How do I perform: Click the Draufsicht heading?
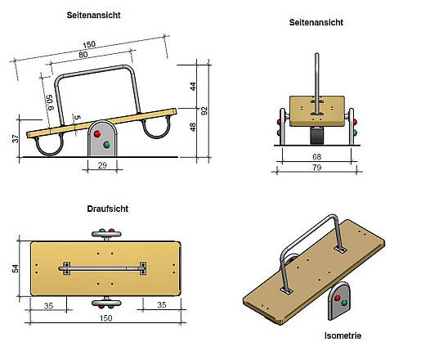(x=108, y=209)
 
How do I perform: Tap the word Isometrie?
(x=343, y=335)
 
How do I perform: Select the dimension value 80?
(x=83, y=55)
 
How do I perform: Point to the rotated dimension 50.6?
(x=49, y=102)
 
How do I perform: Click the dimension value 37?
(x=16, y=138)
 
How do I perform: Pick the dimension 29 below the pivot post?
(x=102, y=165)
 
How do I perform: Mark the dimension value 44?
(x=193, y=87)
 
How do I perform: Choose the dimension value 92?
(x=204, y=110)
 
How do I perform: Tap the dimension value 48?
(x=193, y=127)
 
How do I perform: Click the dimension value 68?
(x=316, y=156)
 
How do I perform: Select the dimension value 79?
(x=316, y=168)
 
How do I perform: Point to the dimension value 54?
(x=16, y=268)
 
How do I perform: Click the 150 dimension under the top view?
(x=105, y=318)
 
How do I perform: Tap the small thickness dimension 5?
(x=78, y=117)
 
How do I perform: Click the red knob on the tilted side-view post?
(x=97, y=134)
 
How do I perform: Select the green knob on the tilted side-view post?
(x=106, y=145)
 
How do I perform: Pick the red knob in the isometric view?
(x=337, y=298)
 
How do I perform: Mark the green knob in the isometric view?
(x=344, y=303)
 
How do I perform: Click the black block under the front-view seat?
(x=317, y=136)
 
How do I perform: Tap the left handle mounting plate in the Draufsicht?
(x=67, y=268)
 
